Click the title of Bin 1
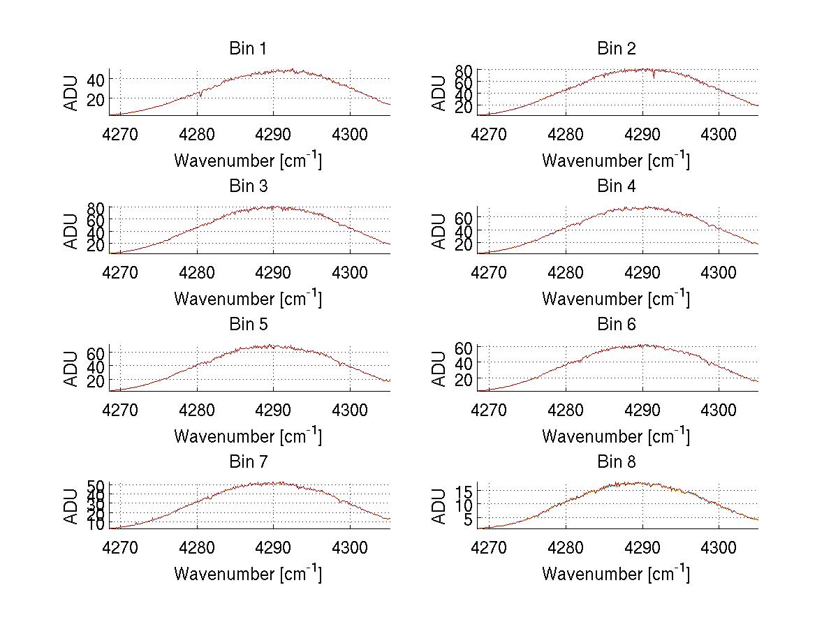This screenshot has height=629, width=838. [x=248, y=49]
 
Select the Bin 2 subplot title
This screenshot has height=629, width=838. [x=617, y=49]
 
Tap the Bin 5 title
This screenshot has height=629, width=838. [x=248, y=325]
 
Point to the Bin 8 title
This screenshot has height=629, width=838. [x=617, y=462]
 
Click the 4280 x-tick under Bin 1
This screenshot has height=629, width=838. [x=197, y=133]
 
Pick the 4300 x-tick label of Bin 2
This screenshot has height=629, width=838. [x=719, y=133]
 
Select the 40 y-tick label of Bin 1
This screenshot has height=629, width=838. [x=96, y=80]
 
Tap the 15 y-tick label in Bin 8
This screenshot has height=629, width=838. [x=464, y=491]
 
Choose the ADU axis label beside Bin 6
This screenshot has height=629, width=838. [x=439, y=369]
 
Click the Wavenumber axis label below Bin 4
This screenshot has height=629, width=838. [x=616, y=298]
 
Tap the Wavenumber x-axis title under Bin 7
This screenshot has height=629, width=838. [x=248, y=574]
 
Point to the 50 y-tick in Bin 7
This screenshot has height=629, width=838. [x=96, y=485]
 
